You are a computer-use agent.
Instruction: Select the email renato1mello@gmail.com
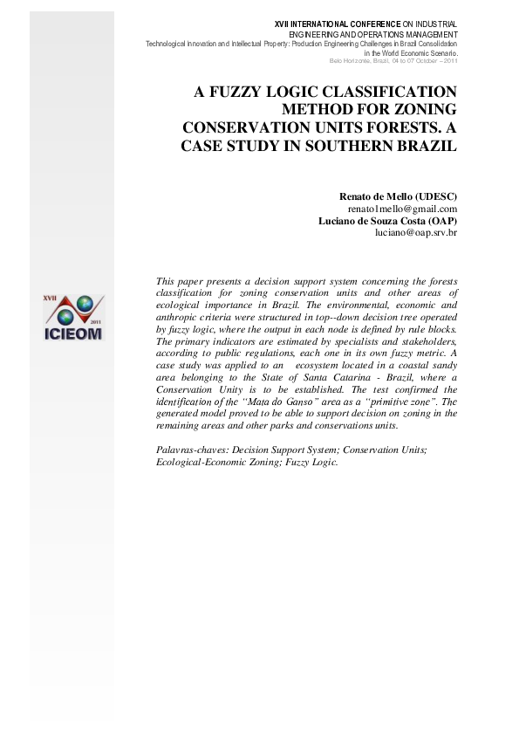[x=402, y=209]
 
